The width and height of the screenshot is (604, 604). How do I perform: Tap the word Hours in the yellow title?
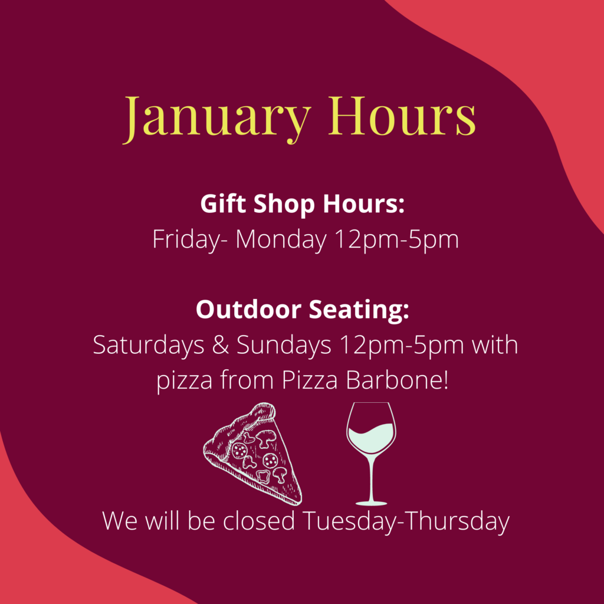[x=402, y=115]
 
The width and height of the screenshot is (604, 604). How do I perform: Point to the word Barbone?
[x=397, y=380]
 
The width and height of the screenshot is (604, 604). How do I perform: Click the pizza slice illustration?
[x=252, y=454]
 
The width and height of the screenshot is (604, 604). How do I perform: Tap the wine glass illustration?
[x=371, y=454]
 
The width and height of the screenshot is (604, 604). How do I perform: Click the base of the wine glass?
[x=371, y=503]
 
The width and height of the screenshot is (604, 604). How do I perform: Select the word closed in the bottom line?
[x=259, y=521]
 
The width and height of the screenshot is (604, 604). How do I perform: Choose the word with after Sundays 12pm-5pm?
[x=495, y=344]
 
